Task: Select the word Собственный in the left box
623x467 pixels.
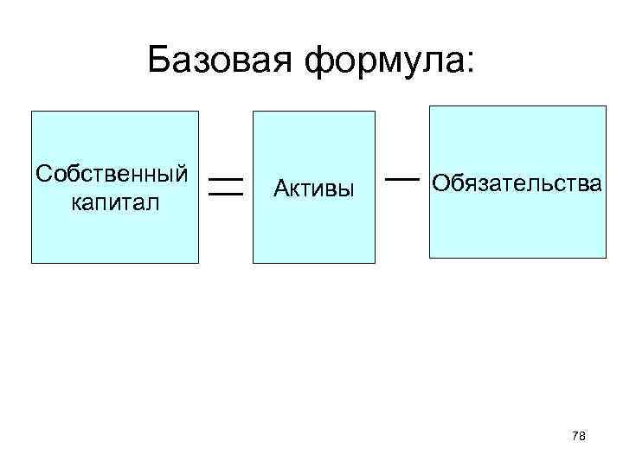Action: [x=112, y=173]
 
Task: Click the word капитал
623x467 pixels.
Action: [x=112, y=202]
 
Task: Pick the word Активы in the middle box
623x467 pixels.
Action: [x=314, y=187]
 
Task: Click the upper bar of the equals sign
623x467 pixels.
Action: [x=225, y=178]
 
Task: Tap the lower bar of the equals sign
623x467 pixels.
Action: [x=225, y=195]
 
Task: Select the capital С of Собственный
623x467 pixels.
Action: [x=43, y=173]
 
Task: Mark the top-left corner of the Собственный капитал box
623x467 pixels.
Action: [x=32, y=112]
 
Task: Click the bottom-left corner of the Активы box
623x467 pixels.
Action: [x=253, y=262]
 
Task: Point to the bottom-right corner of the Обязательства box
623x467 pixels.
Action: [x=607, y=258]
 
